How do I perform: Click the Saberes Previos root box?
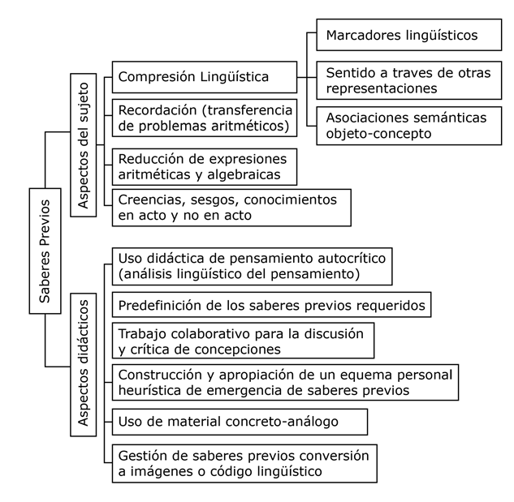click(x=45, y=251)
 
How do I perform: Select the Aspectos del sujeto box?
click(x=84, y=145)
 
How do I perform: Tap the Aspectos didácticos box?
click(x=84, y=364)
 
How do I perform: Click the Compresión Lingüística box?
click(x=205, y=77)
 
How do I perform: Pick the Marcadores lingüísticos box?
click(x=408, y=35)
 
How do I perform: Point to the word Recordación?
click(x=158, y=110)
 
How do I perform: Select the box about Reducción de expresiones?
click(x=205, y=167)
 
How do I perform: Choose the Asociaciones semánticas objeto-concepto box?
click(x=408, y=126)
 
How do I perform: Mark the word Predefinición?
click(x=160, y=306)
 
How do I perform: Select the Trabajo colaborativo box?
click(x=243, y=341)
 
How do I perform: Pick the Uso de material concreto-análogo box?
click(x=240, y=422)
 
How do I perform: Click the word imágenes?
click(x=160, y=471)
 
